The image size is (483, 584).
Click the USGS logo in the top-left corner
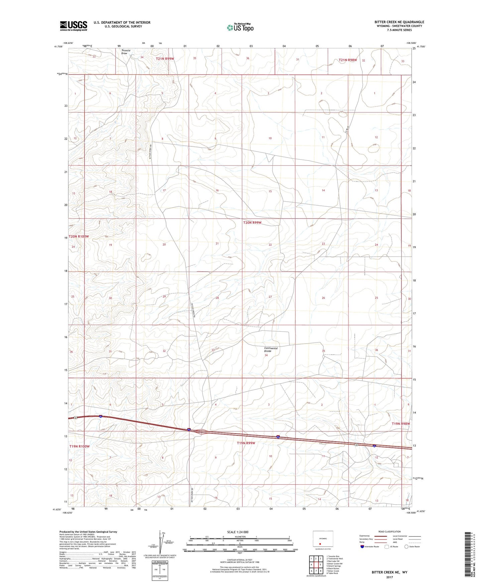coord(74,26)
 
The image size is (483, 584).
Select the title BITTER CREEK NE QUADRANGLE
coord(399,22)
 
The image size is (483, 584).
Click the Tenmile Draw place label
coord(126,52)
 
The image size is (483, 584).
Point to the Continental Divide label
coord(271,350)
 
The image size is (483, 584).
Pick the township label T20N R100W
coord(79,236)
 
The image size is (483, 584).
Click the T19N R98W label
coord(400,424)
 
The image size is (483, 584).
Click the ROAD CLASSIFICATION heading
coord(389,531)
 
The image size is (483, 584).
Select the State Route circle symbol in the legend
coord(406,547)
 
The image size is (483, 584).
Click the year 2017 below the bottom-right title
coord(389,577)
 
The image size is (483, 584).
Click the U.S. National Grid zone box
coord(159,569)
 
